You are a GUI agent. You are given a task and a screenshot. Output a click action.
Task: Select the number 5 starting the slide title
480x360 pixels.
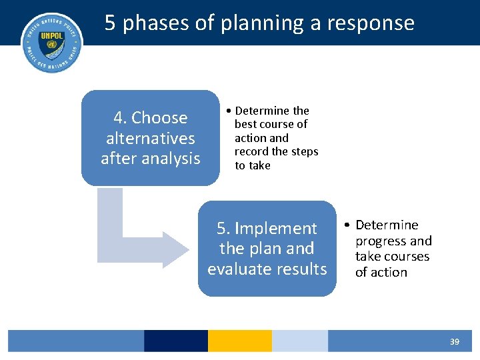111,23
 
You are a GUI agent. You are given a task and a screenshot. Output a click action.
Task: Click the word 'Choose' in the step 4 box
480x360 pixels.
159,118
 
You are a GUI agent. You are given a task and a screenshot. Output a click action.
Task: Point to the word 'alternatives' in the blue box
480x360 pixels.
151,139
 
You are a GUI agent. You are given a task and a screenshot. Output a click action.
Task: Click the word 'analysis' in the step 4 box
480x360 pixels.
175,159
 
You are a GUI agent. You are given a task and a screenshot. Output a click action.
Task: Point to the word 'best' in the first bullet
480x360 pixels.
246,125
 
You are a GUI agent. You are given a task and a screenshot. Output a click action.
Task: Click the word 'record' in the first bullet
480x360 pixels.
251,152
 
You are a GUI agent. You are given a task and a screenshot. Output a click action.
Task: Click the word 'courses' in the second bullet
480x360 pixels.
406,257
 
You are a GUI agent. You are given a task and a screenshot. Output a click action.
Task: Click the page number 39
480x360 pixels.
454,341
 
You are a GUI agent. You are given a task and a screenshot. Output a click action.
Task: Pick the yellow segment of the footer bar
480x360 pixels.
239,341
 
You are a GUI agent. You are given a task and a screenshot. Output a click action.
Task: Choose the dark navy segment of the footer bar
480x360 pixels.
175,341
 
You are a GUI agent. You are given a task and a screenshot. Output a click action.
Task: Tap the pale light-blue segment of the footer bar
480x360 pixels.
299,341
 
